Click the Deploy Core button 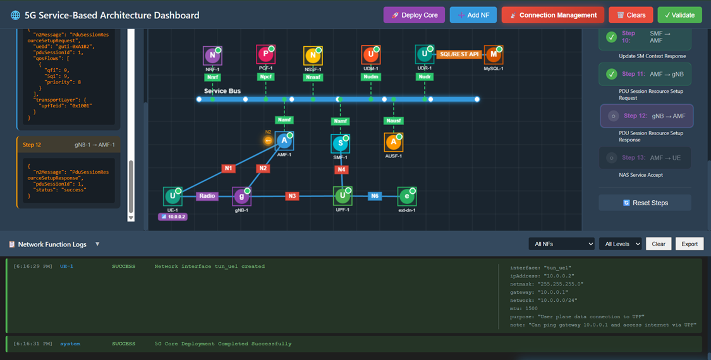click(x=414, y=15)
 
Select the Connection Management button click(x=553, y=15)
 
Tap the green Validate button click(x=679, y=15)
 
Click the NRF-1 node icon click(x=212, y=56)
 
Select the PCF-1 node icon click(x=265, y=55)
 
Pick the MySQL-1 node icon click(x=493, y=55)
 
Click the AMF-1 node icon click(x=284, y=141)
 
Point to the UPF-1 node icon click(x=342, y=196)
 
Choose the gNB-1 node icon click(x=241, y=196)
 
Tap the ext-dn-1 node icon click(x=406, y=196)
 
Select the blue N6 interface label click(x=375, y=196)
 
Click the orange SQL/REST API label click(x=459, y=54)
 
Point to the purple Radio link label click(x=207, y=196)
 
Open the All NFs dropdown click(x=561, y=244)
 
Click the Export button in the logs click(x=690, y=244)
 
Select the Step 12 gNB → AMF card click(x=646, y=116)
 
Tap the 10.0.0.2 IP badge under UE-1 click(x=173, y=217)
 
